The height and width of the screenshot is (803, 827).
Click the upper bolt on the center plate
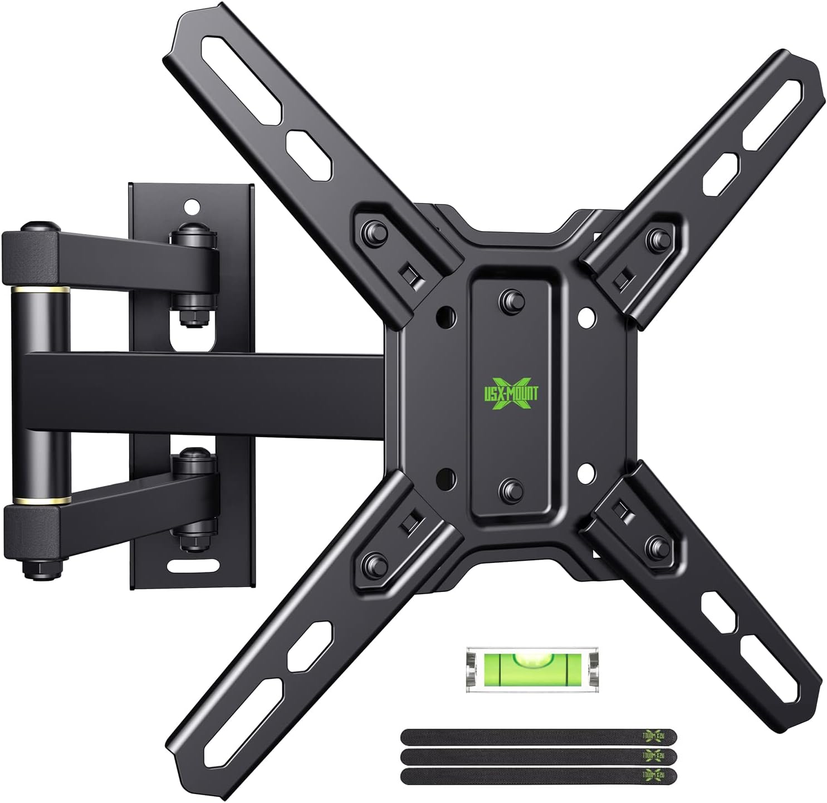tap(510, 297)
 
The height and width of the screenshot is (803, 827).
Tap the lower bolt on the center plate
tap(510, 489)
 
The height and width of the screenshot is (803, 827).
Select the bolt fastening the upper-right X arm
tap(654, 238)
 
